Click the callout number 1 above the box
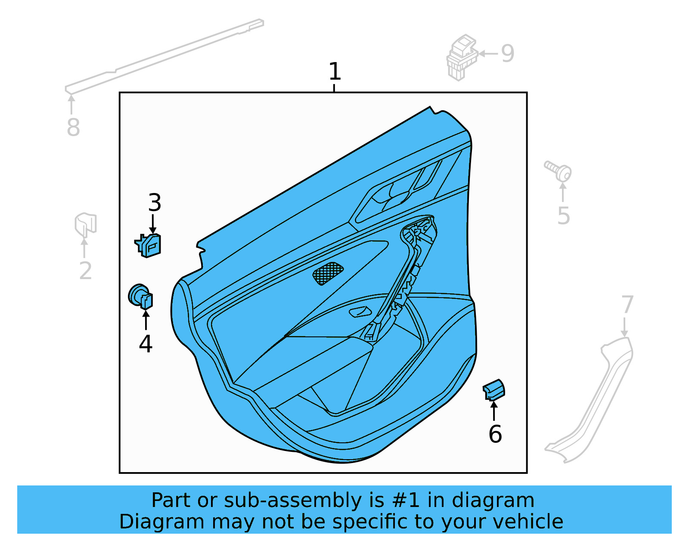(x=335, y=72)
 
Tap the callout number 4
(x=146, y=344)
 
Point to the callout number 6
(x=495, y=434)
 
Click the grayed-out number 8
(x=73, y=128)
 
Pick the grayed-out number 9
(x=508, y=54)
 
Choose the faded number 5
(x=563, y=216)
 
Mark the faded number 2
(x=85, y=271)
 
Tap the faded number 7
(x=627, y=305)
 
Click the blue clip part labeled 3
(x=149, y=246)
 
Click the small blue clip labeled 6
(x=493, y=390)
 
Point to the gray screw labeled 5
(x=559, y=171)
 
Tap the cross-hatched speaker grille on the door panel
(x=328, y=273)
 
